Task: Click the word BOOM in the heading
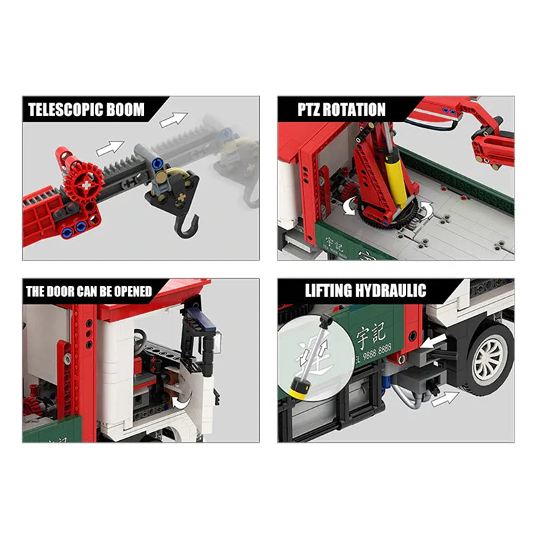coord(126,109)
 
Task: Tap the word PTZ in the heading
coord(309,109)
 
